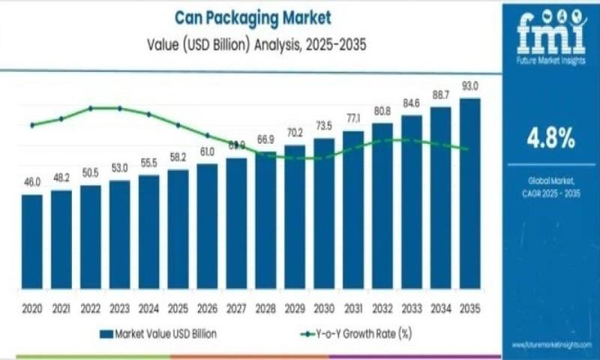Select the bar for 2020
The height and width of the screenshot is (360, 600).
(x=31, y=244)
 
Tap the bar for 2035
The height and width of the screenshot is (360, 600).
(x=469, y=195)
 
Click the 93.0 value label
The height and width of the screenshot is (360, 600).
(x=470, y=86)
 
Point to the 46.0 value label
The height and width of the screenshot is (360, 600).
(x=31, y=182)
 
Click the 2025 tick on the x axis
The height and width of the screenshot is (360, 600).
(x=178, y=308)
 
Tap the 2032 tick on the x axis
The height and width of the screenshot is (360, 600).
(x=382, y=308)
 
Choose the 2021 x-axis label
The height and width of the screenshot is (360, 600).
(x=61, y=308)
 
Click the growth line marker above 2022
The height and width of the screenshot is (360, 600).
(x=91, y=108)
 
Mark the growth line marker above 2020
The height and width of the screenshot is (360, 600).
(x=31, y=125)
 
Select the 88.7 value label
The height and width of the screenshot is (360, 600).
(x=441, y=95)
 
